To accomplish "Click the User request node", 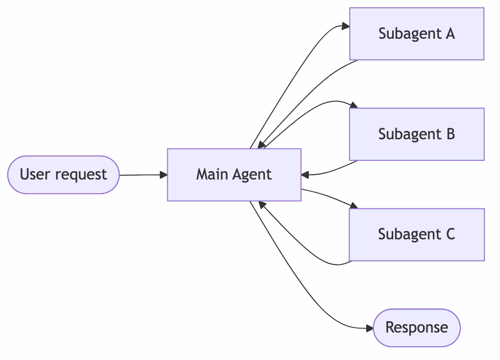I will (64, 175).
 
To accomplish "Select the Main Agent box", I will (234, 175).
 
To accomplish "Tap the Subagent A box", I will (417, 34).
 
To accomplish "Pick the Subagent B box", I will (417, 134).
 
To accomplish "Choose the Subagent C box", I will (417, 234).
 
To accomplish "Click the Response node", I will (417, 328).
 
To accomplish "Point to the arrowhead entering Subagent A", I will (345, 27).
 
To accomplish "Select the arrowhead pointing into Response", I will (369, 328).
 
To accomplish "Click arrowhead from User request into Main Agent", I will (163, 175).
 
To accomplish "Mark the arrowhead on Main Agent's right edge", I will (305, 174).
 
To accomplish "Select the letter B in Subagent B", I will (450, 134).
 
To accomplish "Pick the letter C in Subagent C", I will (450, 234).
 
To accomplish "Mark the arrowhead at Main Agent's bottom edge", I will (261, 204).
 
